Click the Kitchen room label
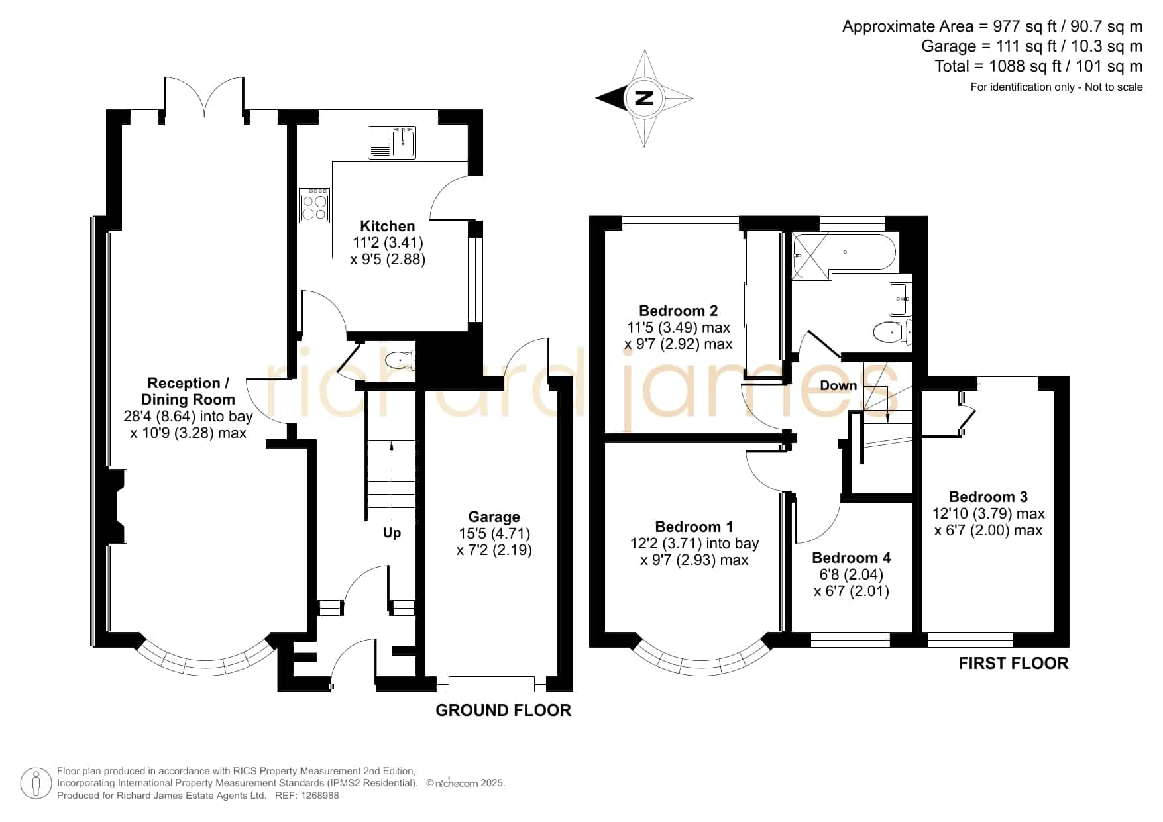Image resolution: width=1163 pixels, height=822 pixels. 388,226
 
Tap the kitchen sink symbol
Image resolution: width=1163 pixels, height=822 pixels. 392,143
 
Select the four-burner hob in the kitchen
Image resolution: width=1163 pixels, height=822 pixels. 314,205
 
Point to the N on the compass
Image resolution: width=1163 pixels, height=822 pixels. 643,99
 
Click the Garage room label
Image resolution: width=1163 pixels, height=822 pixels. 494,517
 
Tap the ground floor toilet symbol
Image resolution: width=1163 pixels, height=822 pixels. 400,360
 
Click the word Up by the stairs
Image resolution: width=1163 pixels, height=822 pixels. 392,533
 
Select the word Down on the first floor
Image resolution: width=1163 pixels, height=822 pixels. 838,385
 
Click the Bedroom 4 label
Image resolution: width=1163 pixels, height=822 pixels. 852,558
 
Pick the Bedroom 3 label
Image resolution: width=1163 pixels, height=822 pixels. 988,497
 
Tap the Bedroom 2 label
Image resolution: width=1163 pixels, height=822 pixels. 679,311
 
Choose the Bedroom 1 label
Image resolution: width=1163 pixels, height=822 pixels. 694,527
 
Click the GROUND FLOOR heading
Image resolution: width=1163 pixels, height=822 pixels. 504,711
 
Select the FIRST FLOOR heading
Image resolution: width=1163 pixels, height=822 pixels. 1014,664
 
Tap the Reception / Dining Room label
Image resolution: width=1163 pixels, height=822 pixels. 188,391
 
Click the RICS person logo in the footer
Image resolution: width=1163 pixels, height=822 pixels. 36,784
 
